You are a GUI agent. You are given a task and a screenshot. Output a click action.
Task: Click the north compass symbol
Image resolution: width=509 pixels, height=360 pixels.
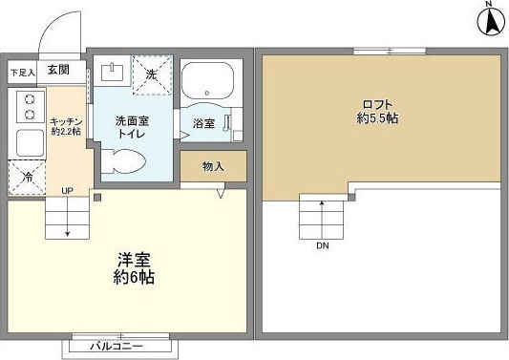click(x=492, y=19)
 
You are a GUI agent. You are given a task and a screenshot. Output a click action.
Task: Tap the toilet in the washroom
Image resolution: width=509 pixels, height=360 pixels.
click(x=123, y=161)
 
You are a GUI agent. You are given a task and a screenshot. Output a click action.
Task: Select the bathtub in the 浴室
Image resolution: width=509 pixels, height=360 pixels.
click(x=207, y=80)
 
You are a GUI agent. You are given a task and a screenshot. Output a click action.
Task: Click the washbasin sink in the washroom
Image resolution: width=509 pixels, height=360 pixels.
click(x=112, y=72)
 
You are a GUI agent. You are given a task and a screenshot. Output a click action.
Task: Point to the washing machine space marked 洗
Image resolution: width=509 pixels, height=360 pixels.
click(x=152, y=75)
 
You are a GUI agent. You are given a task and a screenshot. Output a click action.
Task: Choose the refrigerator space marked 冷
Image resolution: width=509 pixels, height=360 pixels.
click(x=27, y=178)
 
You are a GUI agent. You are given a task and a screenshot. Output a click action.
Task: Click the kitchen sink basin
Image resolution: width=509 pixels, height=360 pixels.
click(x=30, y=142)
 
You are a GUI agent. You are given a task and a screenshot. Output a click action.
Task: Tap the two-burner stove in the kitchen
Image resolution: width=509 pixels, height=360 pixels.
click(x=31, y=107)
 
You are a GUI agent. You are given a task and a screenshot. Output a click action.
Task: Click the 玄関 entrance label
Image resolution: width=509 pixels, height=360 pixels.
click(x=58, y=70)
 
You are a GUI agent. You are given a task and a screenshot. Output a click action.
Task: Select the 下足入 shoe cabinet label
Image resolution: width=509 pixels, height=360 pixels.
click(x=22, y=73)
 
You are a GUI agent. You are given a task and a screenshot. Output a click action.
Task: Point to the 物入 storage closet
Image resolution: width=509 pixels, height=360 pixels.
click(x=213, y=166)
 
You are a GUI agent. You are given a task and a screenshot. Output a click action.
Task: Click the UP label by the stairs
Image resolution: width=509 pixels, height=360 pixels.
click(x=67, y=191)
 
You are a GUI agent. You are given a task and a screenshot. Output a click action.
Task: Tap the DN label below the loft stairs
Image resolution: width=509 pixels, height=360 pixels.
click(x=323, y=245)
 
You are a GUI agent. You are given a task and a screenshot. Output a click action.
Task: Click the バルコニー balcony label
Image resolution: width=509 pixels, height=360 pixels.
click(x=117, y=346)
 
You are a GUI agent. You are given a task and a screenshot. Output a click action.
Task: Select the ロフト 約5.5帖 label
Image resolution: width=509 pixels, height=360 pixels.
click(x=378, y=112)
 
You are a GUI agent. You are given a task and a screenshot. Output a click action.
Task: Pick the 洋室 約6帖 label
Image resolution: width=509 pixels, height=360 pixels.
click(x=134, y=267)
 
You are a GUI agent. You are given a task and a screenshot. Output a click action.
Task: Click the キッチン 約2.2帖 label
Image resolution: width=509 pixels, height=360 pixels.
click(x=66, y=127)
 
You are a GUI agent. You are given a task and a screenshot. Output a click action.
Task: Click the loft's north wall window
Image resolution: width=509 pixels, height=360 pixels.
click(x=390, y=51)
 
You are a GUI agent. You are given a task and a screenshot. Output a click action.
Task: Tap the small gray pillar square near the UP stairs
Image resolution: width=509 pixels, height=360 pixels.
click(x=97, y=197)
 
